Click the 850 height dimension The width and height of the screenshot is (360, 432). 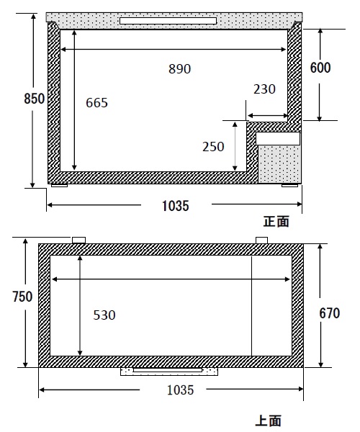coord(34,99)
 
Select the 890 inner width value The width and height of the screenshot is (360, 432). coord(179,69)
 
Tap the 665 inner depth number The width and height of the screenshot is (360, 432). coord(96,103)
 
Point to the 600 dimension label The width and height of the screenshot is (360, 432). coord(320,68)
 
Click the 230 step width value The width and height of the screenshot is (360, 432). coord(264,89)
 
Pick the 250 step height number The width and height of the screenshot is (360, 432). coord(213,147)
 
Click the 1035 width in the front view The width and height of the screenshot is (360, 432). coord(176,206)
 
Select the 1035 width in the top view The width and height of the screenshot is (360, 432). coord(181,390)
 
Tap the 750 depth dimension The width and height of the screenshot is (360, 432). coord(22,297)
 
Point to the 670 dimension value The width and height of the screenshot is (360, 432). coord(330,313)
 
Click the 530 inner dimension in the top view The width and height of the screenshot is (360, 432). coord(104,315)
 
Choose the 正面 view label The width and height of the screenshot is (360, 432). coord(276,222)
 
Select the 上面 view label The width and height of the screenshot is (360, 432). coord(269,421)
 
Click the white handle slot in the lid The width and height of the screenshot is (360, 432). coord(168,21)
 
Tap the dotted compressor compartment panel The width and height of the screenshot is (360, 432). coord(279,164)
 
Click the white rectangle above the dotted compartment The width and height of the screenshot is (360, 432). coord(278,138)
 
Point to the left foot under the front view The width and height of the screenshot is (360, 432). coord(59,186)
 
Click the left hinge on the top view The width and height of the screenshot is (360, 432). coord(78,240)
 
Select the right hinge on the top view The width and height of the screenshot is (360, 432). coord(261,240)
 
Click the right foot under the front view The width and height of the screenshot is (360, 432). coord(289,186)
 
